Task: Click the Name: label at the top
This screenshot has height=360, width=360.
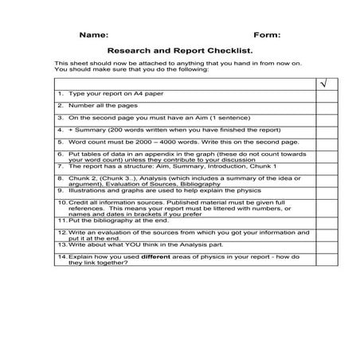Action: (93, 35)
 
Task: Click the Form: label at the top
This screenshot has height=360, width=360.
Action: (266, 35)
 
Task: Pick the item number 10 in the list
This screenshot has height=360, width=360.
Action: (61, 202)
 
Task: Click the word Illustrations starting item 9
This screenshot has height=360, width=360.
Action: (87, 191)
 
